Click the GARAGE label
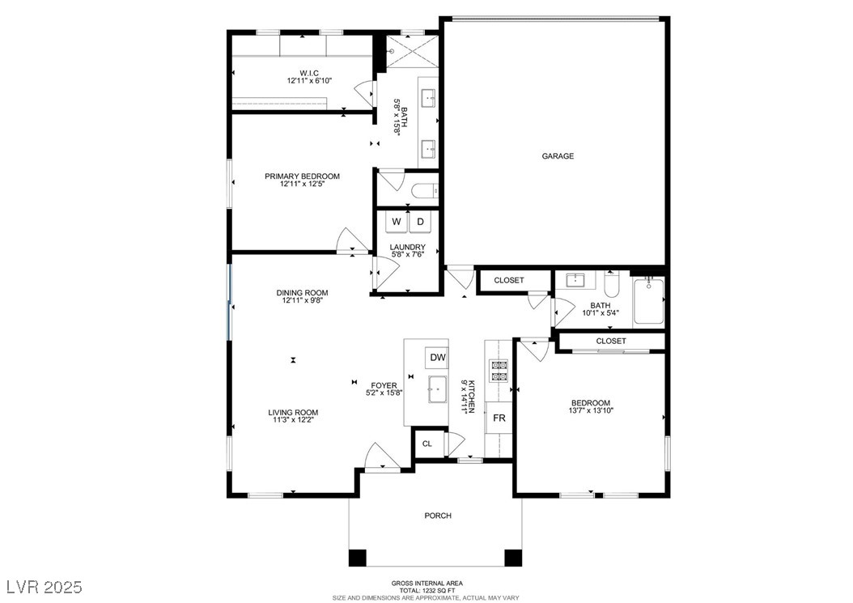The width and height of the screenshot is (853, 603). [x=558, y=156]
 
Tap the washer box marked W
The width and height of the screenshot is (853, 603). [x=397, y=222]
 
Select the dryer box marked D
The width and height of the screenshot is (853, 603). [x=420, y=222]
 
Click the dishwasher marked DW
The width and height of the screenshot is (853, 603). [x=437, y=358]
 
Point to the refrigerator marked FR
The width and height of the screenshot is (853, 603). [x=499, y=418]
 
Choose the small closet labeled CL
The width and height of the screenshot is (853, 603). [x=428, y=444]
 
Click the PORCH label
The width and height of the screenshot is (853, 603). [x=438, y=516]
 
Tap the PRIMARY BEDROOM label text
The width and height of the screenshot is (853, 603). [x=303, y=176]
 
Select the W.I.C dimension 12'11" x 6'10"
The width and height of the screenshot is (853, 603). [x=309, y=81]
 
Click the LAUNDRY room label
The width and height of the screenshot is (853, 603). [x=407, y=247]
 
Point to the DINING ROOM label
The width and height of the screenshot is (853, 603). [x=303, y=293]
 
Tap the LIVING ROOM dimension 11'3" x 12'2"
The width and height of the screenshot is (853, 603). [x=293, y=419]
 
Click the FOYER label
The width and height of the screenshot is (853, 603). [x=384, y=386]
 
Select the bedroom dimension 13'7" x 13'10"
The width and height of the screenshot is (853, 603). [x=591, y=411]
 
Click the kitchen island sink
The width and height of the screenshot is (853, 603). [x=437, y=389]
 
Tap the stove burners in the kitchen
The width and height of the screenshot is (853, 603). [x=499, y=371]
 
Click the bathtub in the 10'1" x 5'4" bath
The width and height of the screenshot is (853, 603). [x=648, y=303]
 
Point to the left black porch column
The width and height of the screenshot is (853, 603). [x=358, y=558]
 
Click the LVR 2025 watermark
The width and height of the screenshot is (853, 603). [x=45, y=587]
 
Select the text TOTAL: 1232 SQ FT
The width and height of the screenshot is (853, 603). [x=427, y=591]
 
